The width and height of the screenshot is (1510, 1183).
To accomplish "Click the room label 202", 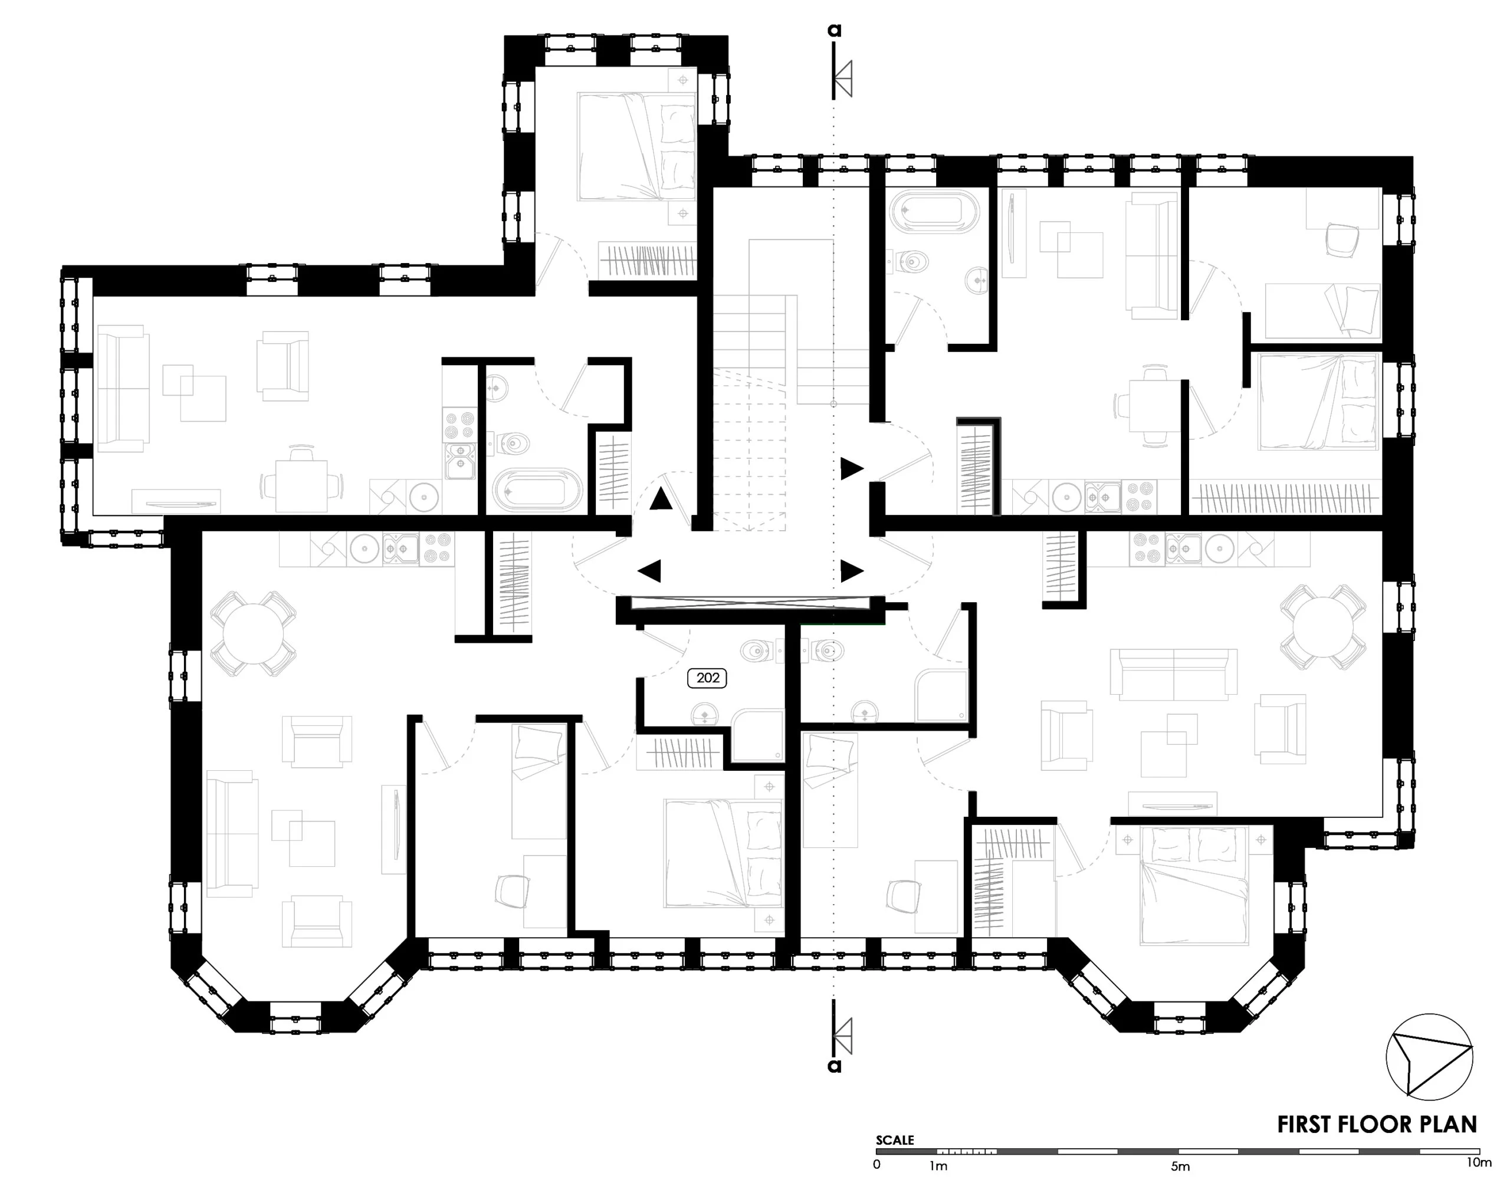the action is click(x=707, y=678).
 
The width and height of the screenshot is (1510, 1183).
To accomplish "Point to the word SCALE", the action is click(x=895, y=1140).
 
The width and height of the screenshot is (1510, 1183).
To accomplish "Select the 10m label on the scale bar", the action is click(x=1479, y=1163).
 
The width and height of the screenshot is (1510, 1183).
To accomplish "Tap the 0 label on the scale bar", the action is click(x=877, y=1164).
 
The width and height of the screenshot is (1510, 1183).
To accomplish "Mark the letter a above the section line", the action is click(x=835, y=31).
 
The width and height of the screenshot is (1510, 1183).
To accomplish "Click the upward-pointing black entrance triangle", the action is click(x=661, y=499).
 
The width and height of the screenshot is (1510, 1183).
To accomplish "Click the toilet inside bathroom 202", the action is click(x=756, y=650).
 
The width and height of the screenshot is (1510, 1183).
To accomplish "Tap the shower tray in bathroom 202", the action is click(x=758, y=734).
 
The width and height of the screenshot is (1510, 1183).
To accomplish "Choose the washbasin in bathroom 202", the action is click(x=705, y=713).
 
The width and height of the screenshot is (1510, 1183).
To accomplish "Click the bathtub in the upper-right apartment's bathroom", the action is click(x=935, y=212).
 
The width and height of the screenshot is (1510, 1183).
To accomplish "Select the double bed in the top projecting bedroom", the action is click(x=636, y=147).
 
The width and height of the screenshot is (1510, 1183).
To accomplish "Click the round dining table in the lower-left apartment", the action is click(x=254, y=633).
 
